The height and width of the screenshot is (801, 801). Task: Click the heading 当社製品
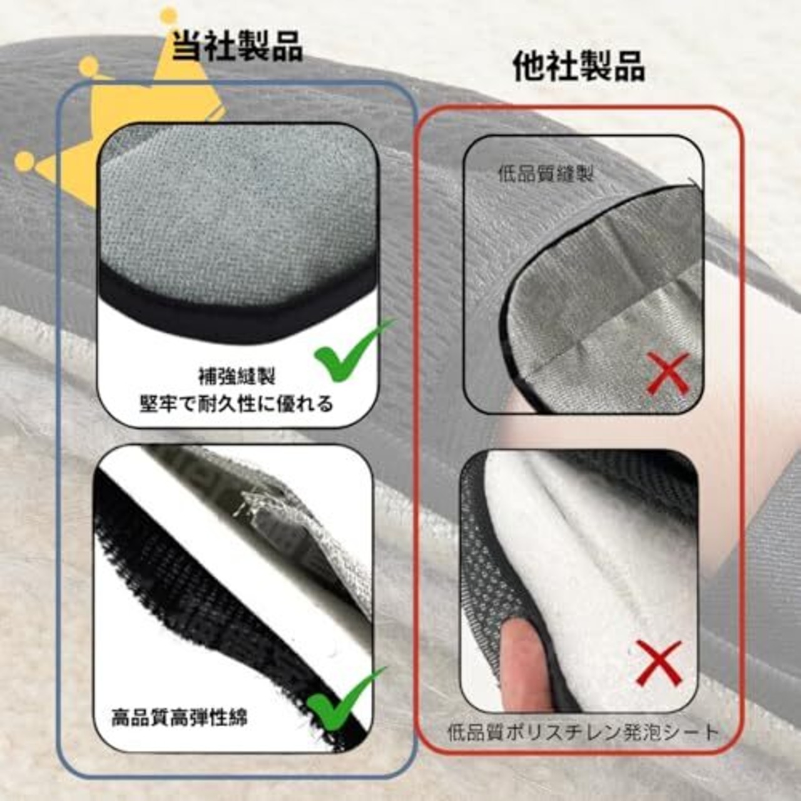point(237,47)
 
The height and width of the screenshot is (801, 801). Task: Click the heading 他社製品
point(579,66)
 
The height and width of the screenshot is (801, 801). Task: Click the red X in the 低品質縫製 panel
point(668,373)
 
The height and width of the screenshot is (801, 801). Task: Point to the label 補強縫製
point(237,377)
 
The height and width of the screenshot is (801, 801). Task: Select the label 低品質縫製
point(546,175)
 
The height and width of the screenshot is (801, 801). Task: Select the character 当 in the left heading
point(187,47)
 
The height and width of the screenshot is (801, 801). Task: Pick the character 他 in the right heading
point(529,66)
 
